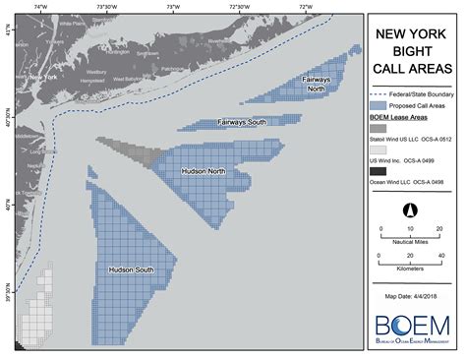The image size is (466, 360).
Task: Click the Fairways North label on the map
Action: [317, 85]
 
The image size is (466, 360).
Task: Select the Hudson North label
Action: [204, 171]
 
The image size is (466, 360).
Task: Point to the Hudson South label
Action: [130, 269]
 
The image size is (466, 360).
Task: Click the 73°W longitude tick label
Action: [173, 7]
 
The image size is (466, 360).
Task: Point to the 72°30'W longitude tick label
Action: [239, 7]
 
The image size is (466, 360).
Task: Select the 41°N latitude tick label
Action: [9, 33]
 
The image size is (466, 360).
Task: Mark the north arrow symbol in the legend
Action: [410, 210]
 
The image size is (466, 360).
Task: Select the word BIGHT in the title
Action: [410, 51]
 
